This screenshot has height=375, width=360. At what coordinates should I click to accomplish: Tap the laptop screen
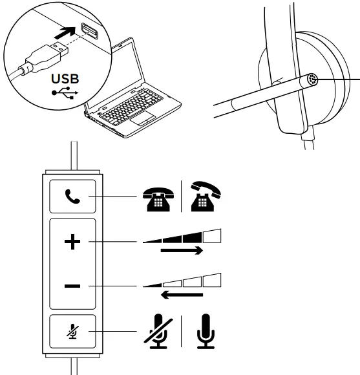(x=139, y=71)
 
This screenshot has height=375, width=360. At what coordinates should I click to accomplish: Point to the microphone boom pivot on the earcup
(x=312, y=79)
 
